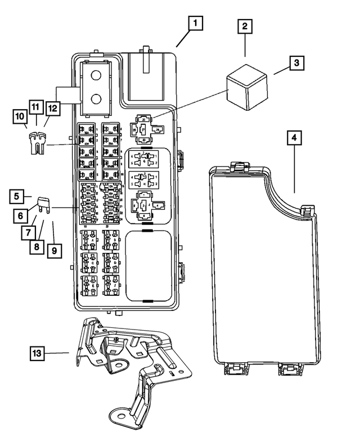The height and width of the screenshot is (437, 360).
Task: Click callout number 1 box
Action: point(195,24)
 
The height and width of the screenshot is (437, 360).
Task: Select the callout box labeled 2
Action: point(245,26)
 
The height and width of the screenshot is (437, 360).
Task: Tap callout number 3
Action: point(295,64)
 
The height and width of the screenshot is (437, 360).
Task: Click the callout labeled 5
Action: point(17,196)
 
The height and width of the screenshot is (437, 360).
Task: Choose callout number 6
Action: point(20,214)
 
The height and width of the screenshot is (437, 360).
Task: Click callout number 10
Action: point(20,116)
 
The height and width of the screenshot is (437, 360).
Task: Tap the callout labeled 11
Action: point(35,106)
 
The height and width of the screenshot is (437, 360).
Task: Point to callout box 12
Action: point(52,106)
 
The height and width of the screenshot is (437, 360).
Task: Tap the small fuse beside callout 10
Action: point(36,143)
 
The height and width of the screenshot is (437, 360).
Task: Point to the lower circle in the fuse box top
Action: point(96,100)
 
